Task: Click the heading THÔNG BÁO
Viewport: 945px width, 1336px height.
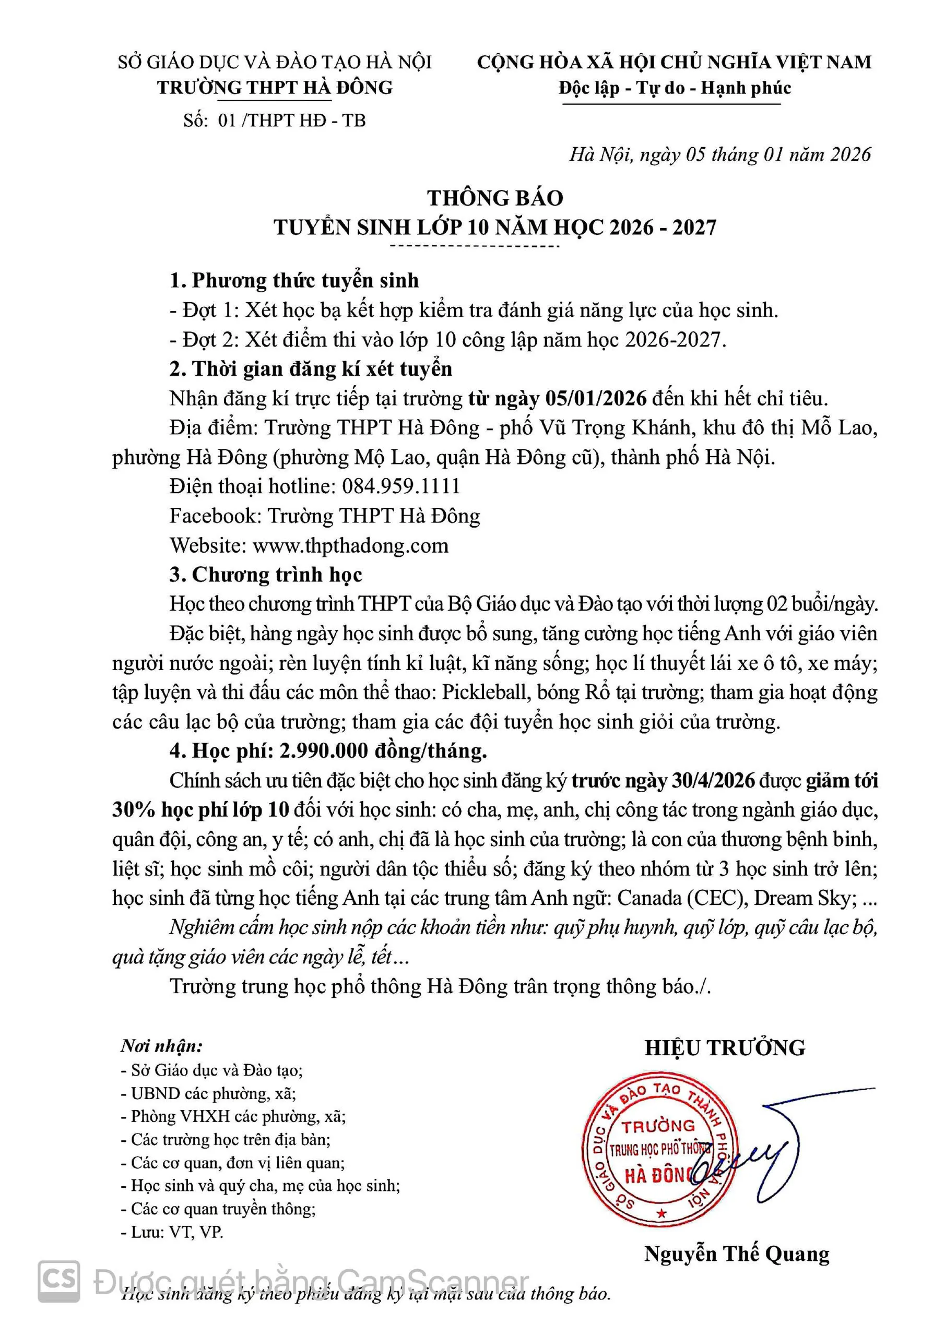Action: coord(495,198)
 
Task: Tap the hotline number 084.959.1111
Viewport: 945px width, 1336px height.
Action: coord(401,486)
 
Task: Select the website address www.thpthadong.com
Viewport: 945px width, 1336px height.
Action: coord(350,545)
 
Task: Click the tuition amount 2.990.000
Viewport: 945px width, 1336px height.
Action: coord(323,750)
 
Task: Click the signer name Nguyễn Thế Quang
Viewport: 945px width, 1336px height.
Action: coord(737,1254)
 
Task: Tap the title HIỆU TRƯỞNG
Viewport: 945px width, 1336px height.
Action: coord(724,1047)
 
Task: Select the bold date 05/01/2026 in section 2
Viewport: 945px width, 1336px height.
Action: coord(596,398)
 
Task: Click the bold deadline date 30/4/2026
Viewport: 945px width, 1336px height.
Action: coord(713,780)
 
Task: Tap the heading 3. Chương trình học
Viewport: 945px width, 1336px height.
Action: coord(266,574)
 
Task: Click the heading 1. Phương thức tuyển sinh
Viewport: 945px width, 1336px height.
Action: coord(294,280)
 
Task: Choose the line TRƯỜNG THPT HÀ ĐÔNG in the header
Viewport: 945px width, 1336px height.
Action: coord(275,87)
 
